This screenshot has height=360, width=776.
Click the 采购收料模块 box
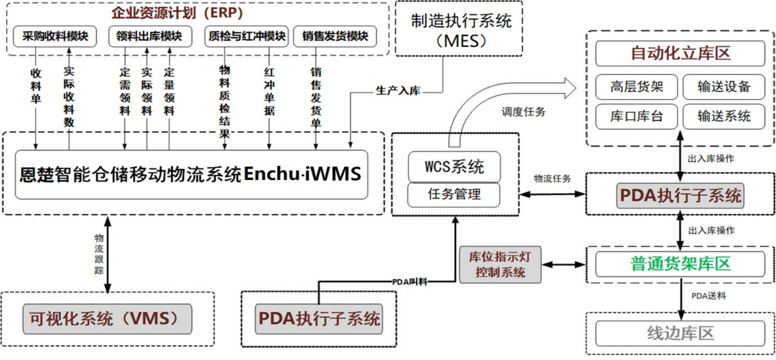tap(55, 37)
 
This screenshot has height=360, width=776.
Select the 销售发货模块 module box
tap(335, 37)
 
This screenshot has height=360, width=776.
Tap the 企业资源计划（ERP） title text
tap(177, 13)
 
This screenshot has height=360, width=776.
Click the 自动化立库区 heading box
tap(680, 53)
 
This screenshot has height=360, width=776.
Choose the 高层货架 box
tap(636, 87)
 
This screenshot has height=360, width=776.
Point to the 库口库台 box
tap(636, 116)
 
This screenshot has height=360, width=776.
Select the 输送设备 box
tap(724, 87)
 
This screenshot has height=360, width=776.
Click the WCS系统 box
tap(454, 167)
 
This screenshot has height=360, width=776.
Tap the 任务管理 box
tap(454, 194)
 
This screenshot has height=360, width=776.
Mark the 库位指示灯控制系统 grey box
tap(500, 265)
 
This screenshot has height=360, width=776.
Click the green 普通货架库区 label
tap(680, 264)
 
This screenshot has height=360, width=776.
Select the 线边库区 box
tap(680, 334)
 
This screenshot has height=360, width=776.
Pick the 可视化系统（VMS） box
tap(107, 319)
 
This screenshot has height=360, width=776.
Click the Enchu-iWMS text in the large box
tap(302, 174)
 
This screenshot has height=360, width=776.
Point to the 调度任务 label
tap(523, 112)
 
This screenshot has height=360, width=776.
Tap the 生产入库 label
tap(398, 91)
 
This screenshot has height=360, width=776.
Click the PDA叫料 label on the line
tap(409, 282)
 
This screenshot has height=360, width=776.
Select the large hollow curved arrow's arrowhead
tap(570, 88)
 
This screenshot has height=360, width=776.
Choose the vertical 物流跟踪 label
tap(99, 254)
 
